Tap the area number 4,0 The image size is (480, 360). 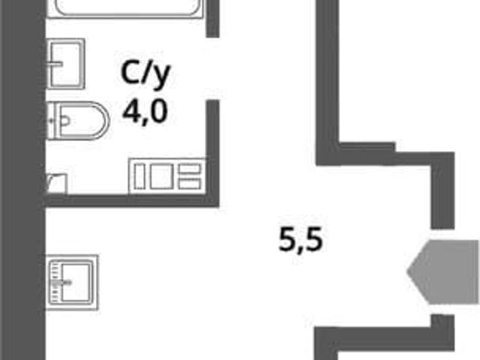[x=145, y=112]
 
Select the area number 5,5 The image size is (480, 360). [x=301, y=240]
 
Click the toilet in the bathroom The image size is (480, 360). [x=78, y=120]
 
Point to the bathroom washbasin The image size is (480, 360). [x=65, y=64]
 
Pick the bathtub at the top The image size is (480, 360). [x=125, y=8]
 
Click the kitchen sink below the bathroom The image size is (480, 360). [x=72, y=282]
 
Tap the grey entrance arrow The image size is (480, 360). [x=443, y=272]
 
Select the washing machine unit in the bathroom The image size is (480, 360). [x=167, y=176]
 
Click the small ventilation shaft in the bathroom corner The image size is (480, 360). [x=57, y=184]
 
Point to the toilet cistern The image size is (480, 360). [x=54, y=120]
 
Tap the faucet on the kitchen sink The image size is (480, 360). [x=61, y=283]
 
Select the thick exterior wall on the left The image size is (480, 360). [x=23, y=180]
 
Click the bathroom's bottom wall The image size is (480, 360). [x=132, y=200]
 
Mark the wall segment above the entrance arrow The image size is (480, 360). [x=442, y=190]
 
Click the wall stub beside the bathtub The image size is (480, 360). [x=213, y=18]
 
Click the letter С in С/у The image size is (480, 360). [x=130, y=73]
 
